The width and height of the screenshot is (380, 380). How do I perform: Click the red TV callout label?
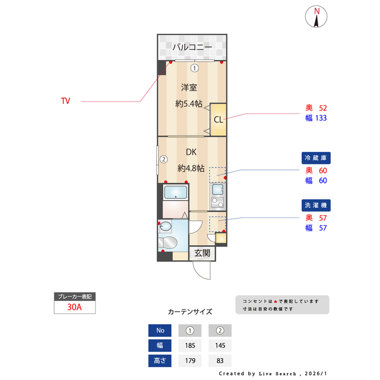[66, 102]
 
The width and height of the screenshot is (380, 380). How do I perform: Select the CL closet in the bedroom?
[218, 119]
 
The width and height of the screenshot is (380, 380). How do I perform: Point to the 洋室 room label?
[189, 88]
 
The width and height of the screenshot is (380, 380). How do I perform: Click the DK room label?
[191, 151]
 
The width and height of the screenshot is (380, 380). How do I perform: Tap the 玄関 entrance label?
[202, 253]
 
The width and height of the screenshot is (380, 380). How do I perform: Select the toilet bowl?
[168, 242]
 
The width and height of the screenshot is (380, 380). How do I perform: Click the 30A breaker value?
[74, 308]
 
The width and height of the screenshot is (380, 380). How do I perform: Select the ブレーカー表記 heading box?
[74, 296]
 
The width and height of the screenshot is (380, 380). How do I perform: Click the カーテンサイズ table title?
[190, 312]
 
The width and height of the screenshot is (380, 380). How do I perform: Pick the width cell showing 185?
[190, 346]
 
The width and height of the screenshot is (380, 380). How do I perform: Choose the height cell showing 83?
[220, 360]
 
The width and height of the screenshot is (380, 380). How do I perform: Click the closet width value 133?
[321, 118]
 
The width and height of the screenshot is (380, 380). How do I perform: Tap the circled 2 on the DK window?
[164, 159]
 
